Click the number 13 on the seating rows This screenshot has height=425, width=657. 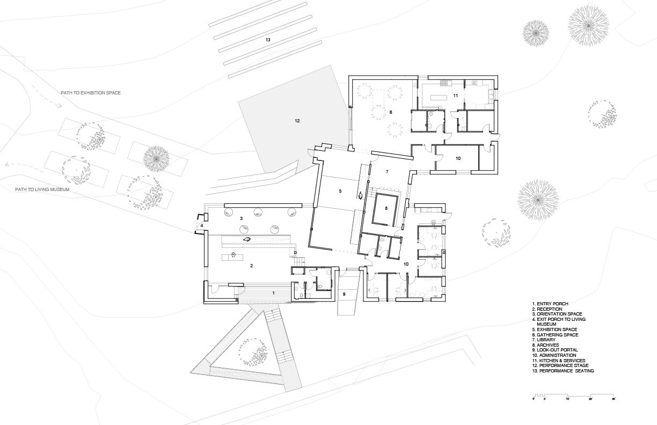pos(267,40)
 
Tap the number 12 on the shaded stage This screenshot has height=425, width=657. pos(297,121)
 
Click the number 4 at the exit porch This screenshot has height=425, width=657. pos(202,226)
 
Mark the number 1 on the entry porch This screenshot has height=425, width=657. pos(273,293)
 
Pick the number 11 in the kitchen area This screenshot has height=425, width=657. pos(454,95)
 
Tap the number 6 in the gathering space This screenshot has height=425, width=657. pos(391,112)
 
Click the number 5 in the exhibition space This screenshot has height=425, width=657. pos(340,190)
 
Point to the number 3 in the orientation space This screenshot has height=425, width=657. pos(242,218)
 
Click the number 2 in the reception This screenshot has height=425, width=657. pos(250,265)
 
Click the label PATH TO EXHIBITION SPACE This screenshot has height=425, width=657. pos(91,93)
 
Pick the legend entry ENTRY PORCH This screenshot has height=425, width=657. pos(550,304)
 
